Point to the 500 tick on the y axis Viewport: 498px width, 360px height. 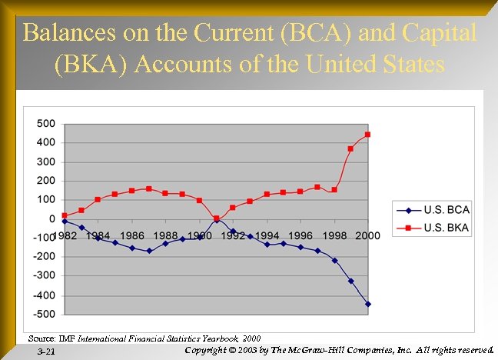pyautogui.click(x=45, y=124)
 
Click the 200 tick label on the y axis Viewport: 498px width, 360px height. pyautogui.click(x=45, y=181)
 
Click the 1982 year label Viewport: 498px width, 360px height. pyautogui.click(x=65, y=235)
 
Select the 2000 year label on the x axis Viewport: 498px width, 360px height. pyautogui.click(x=367, y=235)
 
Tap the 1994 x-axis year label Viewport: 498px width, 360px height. pyautogui.click(x=267, y=235)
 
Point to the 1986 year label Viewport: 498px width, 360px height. pyautogui.click(x=131, y=235)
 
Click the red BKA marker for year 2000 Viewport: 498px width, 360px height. pyautogui.click(x=368, y=135)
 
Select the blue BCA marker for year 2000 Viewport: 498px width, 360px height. pyautogui.click(x=368, y=304)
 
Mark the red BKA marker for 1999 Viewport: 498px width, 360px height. pyautogui.click(x=351, y=148)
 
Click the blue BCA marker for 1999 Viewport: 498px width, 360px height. pyautogui.click(x=351, y=281)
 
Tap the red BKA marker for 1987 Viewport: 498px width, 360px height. pyautogui.click(x=149, y=188)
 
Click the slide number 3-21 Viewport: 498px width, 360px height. pyautogui.click(x=46, y=352)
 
